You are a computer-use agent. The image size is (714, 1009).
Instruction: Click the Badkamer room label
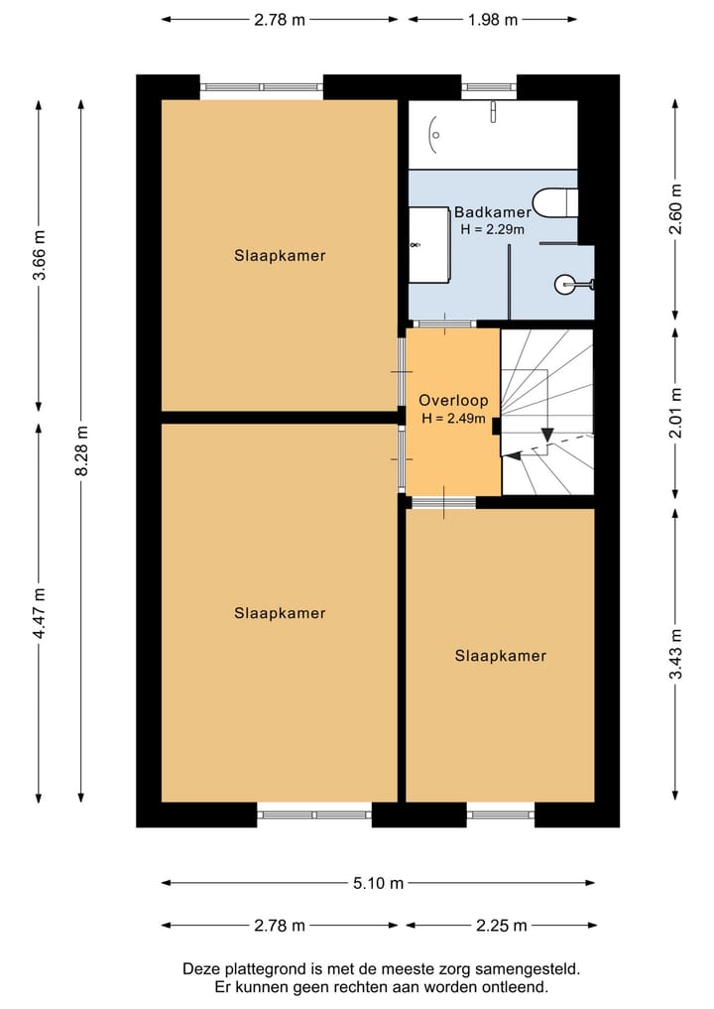pos(493,211)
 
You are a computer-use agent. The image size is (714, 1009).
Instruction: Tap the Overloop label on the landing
pos(453,400)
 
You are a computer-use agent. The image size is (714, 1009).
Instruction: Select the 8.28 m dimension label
pos(81,450)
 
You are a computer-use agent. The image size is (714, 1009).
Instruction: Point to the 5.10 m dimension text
pos(378,883)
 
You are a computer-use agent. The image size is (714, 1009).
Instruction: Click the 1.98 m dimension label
pos(493,20)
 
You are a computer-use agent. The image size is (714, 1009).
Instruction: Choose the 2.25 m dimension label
pos(502,926)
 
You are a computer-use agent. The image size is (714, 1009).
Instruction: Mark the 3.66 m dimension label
pos(40,255)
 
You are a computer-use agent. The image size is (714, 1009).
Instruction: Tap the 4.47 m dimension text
pos(40,613)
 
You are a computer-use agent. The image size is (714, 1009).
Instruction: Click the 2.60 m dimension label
pos(675,208)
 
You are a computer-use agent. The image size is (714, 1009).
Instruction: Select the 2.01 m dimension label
pos(675,413)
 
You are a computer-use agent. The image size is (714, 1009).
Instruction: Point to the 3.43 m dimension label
pos(675,654)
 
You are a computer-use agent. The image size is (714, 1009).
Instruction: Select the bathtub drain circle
pos(435,135)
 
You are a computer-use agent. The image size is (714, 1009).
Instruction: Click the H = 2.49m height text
pos(453,419)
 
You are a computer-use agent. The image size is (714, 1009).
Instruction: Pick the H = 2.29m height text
pos(492,229)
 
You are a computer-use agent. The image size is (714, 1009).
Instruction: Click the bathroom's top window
pos(489,87)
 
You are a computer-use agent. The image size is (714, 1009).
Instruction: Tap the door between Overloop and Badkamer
pos(444,323)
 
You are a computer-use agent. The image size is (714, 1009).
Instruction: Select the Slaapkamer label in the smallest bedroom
pos(501,656)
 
